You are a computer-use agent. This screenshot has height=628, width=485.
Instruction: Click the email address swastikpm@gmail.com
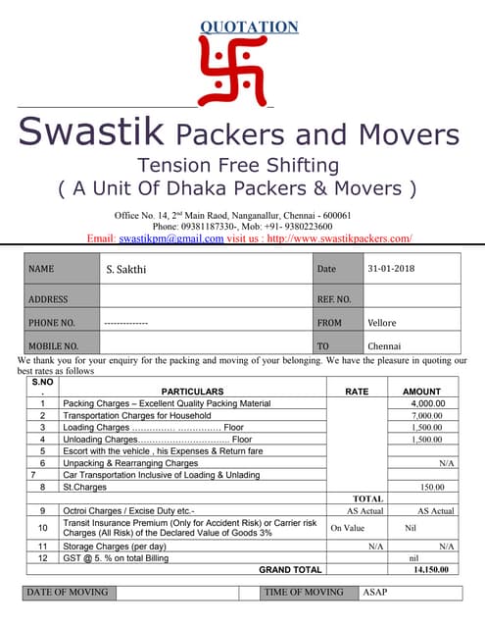pyautogui.click(x=171, y=238)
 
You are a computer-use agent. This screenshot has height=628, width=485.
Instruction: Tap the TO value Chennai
pyautogui.click(x=384, y=346)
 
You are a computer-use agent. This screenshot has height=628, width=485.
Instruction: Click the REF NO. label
pyautogui.click(x=333, y=298)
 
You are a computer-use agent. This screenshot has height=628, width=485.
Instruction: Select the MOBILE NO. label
pyautogui.click(x=53, y=346)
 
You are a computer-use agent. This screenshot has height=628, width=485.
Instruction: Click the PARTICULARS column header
pyautogui.click(x=192, y=392)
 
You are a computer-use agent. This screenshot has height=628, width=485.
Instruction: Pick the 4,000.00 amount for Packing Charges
pyautogui.click(x=428, y=403)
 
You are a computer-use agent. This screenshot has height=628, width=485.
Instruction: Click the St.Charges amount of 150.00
pyautogui.click(x=432, y=487)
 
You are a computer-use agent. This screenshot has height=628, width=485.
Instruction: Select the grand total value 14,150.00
pyautogui.click(x=430, y=569)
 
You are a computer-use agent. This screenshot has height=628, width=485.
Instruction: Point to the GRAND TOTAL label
pyautogui.click(x=290, y=569)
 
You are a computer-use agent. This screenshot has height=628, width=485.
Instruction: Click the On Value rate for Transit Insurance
pyautogui.click(x=347, y=528)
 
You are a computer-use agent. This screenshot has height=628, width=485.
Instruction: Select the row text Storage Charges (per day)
pyautogui.click(x=114, y=546)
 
